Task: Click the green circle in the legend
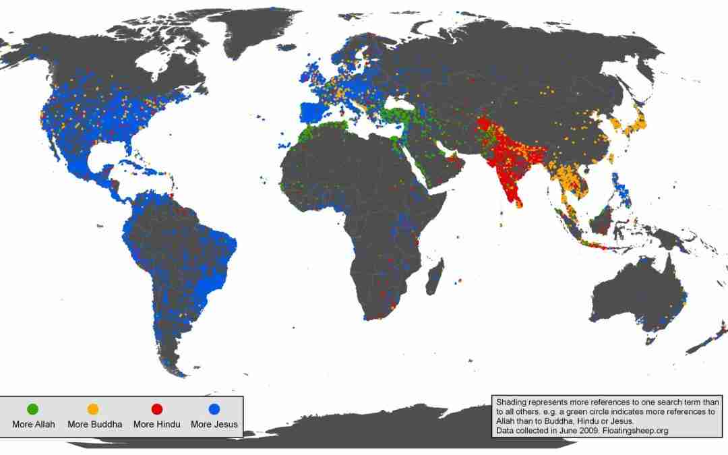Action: click(x=32, y=409)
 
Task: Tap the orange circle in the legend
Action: click(x=93, y=409)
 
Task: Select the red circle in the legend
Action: click(x=157, y=409)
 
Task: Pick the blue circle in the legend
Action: click(x=214, y=409)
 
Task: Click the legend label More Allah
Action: click(x=33, y=424)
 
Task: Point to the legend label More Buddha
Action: click(x=94, y=424)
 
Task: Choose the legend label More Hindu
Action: click(x=156, y=424)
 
